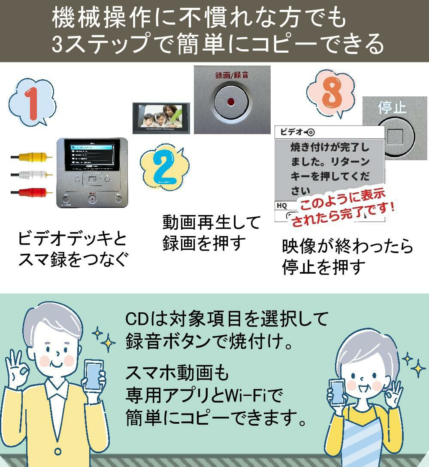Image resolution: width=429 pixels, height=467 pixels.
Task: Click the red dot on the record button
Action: click(x=231, y=102)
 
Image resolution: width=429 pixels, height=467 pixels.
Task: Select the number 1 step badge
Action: click(x=32, y=103)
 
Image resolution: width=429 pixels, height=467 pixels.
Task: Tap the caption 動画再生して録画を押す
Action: click(x=211, y=233)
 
